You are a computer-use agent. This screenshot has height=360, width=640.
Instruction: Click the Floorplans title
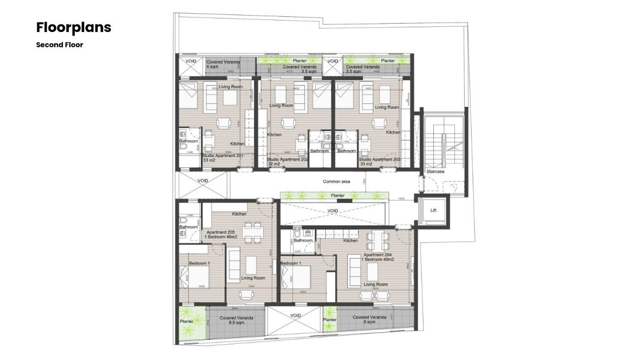click(x=73, y=27)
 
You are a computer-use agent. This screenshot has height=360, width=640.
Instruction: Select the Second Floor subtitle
click(x=59, y=45)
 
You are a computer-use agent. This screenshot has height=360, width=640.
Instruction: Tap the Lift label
click(x=433, y=210)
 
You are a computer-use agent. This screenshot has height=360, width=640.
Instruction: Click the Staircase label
click(x=435, y=172)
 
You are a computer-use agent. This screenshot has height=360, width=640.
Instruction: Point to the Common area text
click(x=336, y=182)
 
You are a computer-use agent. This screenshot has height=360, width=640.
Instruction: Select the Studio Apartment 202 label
click(x=287, y=160)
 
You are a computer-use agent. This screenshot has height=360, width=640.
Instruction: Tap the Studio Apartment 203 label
click(x=380, y=160)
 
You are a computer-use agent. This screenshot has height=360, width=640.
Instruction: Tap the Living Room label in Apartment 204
click(x=376, y=284)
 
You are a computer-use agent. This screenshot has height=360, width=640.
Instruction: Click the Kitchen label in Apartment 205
click(x=240, y=214)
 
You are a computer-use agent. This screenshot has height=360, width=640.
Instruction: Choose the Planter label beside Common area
click(x=338, y=196)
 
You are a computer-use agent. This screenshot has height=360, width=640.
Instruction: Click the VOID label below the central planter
click(x=333, y=211)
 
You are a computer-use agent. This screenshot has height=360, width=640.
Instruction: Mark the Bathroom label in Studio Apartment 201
click(x=188, y=141)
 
